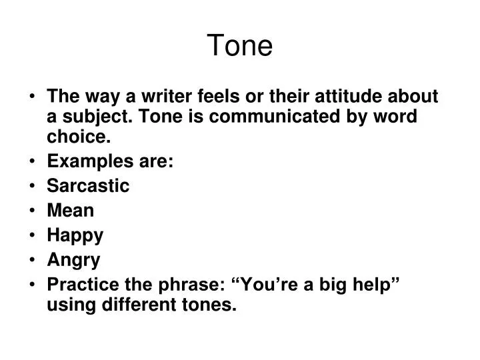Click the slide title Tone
pyautogui.click(x=239, y=45)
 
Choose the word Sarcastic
pyautogui.click(x=88, y=186)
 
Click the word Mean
pyautogui.click(x=70, y=211)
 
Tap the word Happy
pyautogui.click(x=75, y=235)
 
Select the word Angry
pyautogui.click(x=73, y=259)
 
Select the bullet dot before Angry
pyautogui.click(x=33, y=260)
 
